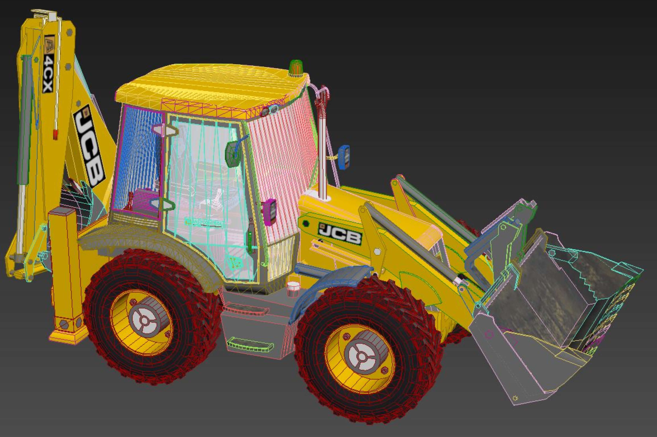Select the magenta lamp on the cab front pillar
pyautogui.click(x=270, y=212)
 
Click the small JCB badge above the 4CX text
pyautogui.click(x=50, y=45)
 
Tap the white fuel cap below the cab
pyautogui.click(x=293, y=286)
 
